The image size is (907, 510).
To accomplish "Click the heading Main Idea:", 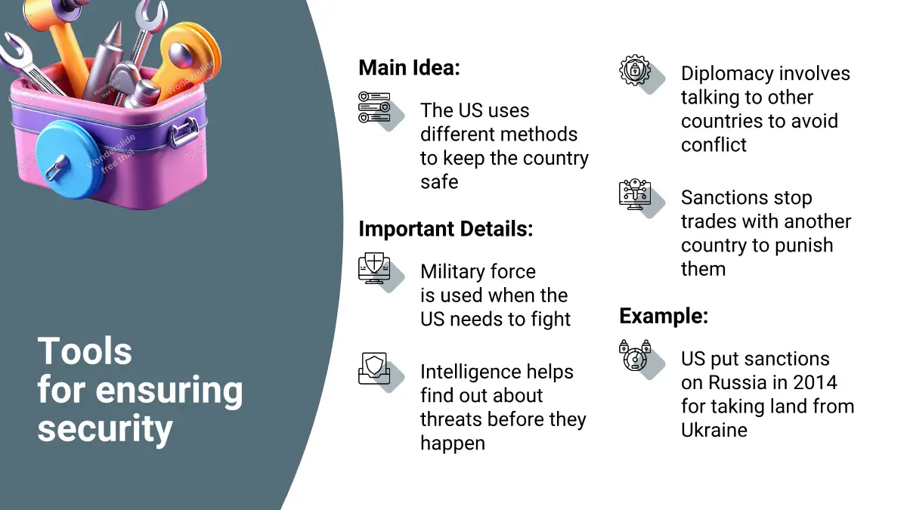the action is pos(409,67).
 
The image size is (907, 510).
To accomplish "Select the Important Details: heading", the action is pos(445,229).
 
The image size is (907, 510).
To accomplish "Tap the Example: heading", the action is pos(664,316).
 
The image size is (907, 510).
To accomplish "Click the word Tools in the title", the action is pos(85,351).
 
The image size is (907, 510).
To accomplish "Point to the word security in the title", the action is pos(105,429).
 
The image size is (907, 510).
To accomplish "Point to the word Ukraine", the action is pos(714,430).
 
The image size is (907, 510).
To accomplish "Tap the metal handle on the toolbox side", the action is pos(184,132).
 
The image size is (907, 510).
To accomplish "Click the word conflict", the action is pos(714,145).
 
